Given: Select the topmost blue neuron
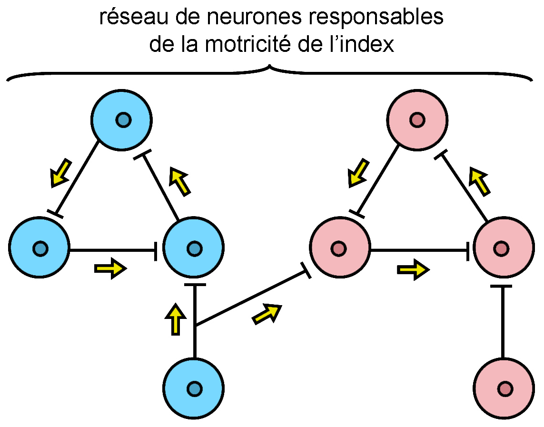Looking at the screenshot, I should (x=122, y=120).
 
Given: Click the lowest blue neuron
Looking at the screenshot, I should (x=193, y=388).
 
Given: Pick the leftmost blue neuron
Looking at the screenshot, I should (x=40, y=248).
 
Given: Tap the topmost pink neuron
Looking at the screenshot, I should (x=417, y=120).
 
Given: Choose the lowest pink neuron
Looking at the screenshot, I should (x=504, y=388).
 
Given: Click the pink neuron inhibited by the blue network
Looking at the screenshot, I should (x=339, y=248).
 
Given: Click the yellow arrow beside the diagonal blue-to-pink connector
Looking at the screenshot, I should (x=267, y=314).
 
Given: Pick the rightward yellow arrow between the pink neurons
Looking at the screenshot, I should (x=413, y=269).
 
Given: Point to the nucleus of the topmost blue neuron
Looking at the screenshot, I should (x=123, y=120).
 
